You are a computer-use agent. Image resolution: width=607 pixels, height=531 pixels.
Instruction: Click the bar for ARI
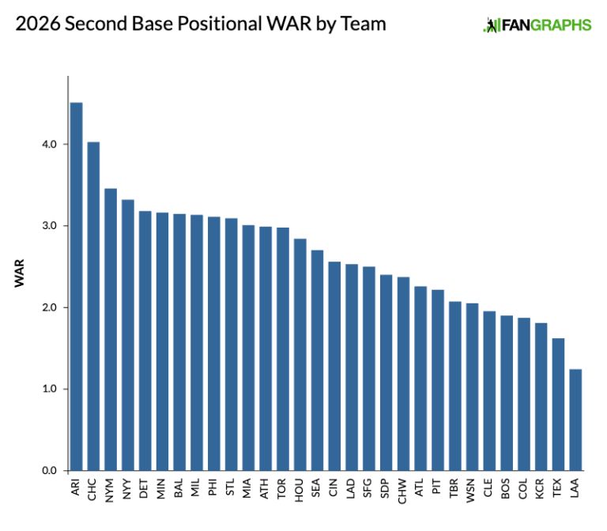click(x=76, y=286)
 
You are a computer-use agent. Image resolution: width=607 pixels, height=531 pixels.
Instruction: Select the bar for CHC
click(x=93, y=306)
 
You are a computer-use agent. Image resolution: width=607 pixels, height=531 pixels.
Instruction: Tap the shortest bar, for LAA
click(x=575, y=420)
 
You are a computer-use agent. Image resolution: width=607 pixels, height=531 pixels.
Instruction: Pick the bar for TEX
click(x=558, y=404)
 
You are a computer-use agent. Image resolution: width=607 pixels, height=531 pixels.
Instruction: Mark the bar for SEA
click(x=317, y=360)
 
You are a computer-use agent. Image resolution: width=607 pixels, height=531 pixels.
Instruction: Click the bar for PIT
click(x=438, y=380)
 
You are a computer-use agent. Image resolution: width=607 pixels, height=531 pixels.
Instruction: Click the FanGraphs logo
click(x=537, y=24)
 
